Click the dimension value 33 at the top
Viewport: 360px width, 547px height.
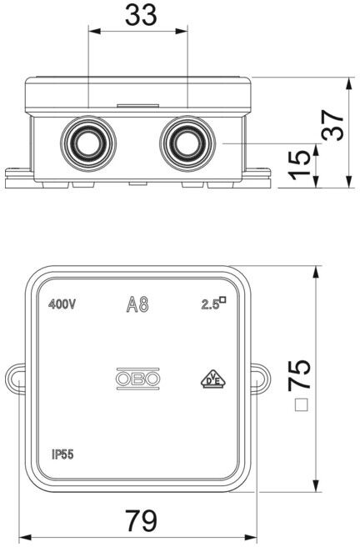coord(141,15)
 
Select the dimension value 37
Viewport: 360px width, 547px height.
coord(333,125)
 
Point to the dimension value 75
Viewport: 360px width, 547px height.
coord(299,374)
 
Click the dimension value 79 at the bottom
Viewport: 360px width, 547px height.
coord(141,520)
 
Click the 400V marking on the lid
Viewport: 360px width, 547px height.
coord(62,304)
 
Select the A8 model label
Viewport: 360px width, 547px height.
coord(137,304)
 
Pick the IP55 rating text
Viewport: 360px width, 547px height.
coord(62,454)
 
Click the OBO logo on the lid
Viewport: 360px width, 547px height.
coord(137,379)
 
